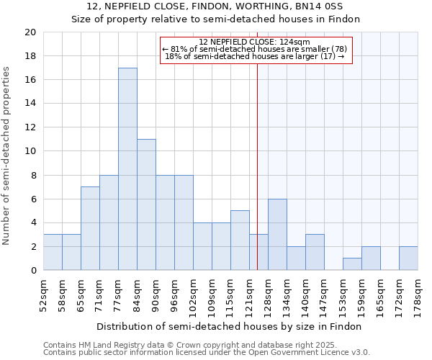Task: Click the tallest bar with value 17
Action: pos(127,169)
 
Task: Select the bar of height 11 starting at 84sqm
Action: pos(146,204)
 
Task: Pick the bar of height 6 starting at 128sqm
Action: pos(277,235)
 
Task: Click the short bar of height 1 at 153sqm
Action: pos(352,264)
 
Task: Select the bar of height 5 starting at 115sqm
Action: pos(240,240)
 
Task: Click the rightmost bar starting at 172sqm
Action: pos(408,258)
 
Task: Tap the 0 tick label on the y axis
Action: pos(32,271)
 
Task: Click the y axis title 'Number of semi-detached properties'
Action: pos(7,156)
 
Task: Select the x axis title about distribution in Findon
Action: pos(230,326)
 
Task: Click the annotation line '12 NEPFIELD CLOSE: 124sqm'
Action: pos(254,42)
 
